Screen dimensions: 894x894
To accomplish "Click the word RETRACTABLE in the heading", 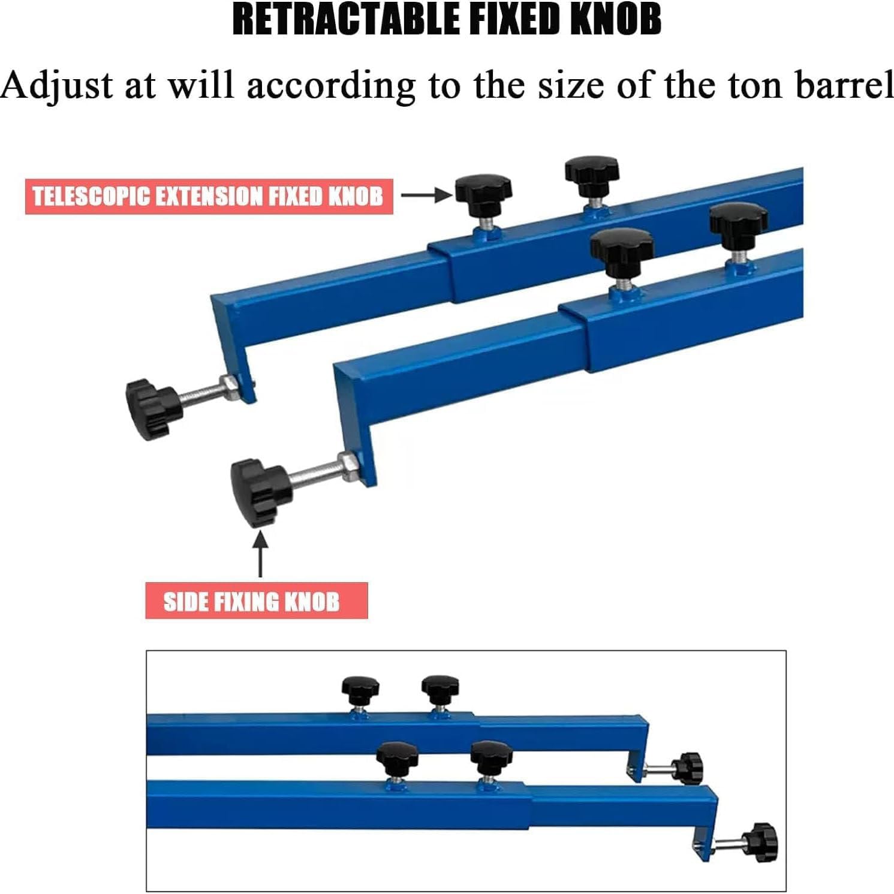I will [x=347, y=19].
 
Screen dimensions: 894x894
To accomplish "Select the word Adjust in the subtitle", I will [x=57, y=86].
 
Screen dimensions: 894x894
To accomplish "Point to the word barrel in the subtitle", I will [x=844, y=86].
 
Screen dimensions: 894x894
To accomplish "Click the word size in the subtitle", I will [x=570, y=86].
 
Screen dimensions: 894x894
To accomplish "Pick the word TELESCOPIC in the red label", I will [x=90, y=197].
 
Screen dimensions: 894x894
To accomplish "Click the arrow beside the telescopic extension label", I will [x=426, y=194].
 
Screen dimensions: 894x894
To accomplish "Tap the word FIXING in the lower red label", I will [x=246, y=601].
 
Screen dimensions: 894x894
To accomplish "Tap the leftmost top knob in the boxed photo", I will [x=360, y=689].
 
